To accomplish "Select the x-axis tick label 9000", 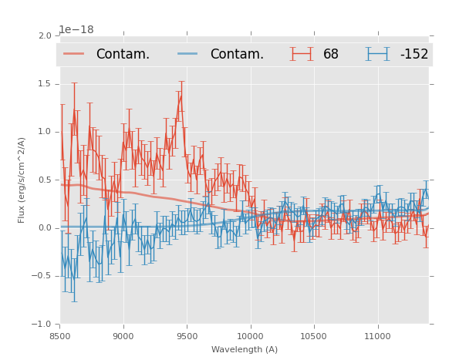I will (123, 336).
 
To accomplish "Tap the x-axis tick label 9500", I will (187, 336).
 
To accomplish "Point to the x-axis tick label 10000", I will (250, 336).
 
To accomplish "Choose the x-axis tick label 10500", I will (314, 336).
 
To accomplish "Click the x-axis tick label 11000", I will (377, 336).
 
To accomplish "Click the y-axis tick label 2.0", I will (45, 35).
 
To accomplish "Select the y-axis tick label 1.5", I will (45, 83).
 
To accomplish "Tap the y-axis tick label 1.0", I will (45, 132).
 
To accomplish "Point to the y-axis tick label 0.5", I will (45, 180).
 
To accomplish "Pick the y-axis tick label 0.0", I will (45, 228).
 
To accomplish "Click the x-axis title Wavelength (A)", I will (245, 349).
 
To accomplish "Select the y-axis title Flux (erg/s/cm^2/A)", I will (22, 180).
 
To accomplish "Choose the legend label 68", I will (331, 54).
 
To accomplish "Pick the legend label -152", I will (414, 54).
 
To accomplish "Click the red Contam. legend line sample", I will (74, 54).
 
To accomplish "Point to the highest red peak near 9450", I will (181, 95).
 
